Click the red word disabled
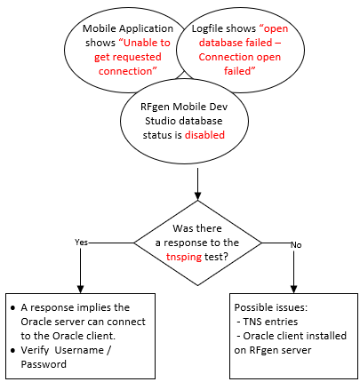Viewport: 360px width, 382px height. click(x=204, y=135)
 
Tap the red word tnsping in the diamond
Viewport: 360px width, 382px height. click(x=184, y=257)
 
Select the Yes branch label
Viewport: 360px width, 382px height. click(x=81, y=243)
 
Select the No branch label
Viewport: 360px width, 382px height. click(x=296, y=245)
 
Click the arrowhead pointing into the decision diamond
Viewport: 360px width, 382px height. click(x=197, y=196)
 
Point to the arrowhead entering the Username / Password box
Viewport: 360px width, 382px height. click(x=80, y=290)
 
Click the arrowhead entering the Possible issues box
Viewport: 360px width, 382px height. click(x=293, y=290)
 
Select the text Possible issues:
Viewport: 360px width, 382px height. click(x=271, y=307)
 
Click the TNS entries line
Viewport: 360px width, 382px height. click(x=268, y=322)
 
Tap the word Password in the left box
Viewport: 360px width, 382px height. click(x=44, y=364)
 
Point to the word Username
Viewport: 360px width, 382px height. click(x=79, y=350)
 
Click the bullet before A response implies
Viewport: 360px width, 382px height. click(x=12, y=308)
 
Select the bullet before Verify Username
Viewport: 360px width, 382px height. click(x=12, y=351)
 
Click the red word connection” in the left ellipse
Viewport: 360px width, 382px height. click(x=128, y=71)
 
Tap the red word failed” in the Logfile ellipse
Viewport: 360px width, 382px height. click(x=240, y=71)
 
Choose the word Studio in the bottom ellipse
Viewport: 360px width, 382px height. click(x=160, y=121)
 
